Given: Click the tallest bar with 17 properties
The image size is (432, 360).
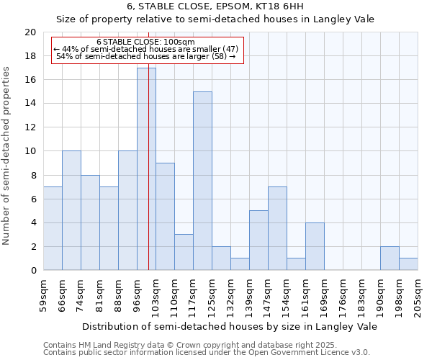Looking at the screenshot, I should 146,169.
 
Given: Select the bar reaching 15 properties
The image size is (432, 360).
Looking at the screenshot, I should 202,181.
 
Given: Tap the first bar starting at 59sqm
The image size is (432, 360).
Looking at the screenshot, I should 53,228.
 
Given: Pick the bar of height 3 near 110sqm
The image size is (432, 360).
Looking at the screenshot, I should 184,252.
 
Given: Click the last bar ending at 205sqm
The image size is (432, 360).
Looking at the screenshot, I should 408,264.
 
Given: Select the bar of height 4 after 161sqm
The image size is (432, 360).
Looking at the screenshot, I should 315,246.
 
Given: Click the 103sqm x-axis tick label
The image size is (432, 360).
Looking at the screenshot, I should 156,294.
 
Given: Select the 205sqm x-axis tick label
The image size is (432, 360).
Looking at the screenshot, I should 418,294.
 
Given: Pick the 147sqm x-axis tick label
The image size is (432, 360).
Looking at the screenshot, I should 268,294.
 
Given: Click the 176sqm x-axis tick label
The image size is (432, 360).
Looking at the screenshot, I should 343,294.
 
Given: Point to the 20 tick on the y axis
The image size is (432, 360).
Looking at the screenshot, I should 30,32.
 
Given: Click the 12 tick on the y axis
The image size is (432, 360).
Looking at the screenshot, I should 30,127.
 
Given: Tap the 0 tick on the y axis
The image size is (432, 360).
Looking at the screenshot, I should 33,271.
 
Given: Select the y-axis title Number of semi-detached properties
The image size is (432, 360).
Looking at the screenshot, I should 7,156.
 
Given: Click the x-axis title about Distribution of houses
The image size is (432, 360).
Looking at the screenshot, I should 229,326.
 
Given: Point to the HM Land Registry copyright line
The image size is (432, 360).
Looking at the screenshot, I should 189,345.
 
